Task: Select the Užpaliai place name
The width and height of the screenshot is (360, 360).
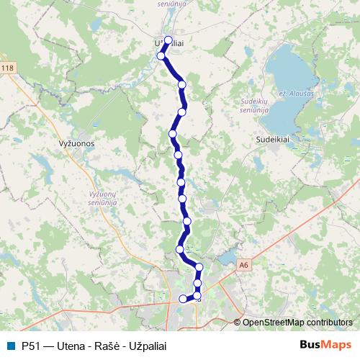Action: point(167,45)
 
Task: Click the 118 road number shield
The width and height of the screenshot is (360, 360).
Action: point(7,68)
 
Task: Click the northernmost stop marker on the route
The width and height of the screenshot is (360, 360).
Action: point(168,40)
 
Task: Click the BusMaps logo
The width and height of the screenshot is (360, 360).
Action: point(325,344)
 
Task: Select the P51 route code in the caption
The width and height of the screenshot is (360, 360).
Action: point(32,345)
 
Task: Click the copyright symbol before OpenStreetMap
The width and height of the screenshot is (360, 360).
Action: point(238,323)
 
